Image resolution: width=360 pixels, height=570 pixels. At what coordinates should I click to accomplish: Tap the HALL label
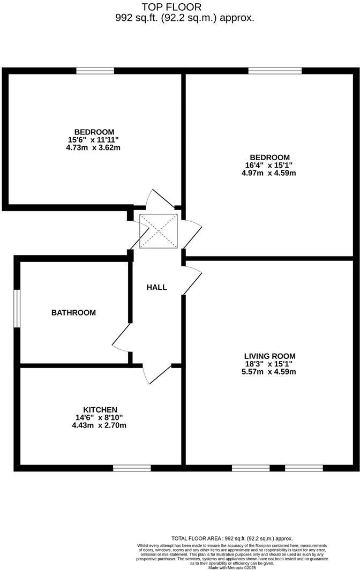[157, 287]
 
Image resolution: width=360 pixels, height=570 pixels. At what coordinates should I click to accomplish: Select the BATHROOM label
[73, 312]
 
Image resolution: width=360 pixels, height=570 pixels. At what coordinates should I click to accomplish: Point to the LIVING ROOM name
[269, 356]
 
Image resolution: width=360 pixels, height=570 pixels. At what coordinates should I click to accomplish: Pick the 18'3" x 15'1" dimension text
[269, 364]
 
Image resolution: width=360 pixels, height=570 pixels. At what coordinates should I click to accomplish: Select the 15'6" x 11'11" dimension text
[94, 140]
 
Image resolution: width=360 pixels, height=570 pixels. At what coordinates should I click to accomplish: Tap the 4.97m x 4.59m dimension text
[269, 173]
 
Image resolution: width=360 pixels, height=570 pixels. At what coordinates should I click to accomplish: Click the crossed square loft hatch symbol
[158, 231]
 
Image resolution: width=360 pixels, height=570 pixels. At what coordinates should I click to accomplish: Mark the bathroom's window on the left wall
[17, 308]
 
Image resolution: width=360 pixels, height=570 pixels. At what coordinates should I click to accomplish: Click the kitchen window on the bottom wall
[132, 468]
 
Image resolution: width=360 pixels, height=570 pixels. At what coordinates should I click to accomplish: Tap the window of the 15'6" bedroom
[95, 71]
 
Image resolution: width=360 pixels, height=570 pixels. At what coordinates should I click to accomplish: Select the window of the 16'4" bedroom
[275, 71]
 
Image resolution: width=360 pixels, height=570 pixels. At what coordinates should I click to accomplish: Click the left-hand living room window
[251, 468]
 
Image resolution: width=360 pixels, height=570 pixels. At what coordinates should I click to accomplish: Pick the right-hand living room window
[304, 468]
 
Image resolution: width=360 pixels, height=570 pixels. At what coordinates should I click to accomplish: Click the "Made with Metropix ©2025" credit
[231, 567]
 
